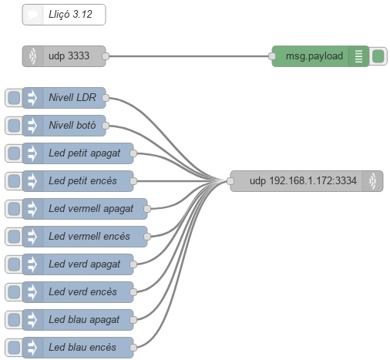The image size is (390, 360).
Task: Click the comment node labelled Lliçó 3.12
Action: point(64,15)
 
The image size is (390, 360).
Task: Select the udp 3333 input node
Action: point(64,56)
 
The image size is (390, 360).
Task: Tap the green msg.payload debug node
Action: point(320,56)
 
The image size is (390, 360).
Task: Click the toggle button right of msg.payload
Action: point(378,56)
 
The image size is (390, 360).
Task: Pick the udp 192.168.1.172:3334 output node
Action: point(307,181)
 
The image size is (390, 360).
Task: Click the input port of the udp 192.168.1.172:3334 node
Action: point(230,181)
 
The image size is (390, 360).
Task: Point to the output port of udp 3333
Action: point(106,56)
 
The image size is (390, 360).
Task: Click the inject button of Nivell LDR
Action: point(14,98)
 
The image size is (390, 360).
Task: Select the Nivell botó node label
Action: point(72,125)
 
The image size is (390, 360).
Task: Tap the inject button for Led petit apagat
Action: point(14,153)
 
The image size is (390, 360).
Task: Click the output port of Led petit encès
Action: point(133,181)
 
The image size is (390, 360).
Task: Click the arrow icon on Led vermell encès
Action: point(32,237)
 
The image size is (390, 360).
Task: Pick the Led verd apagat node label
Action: point(85,264)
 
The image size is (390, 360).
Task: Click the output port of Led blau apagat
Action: point(133,320)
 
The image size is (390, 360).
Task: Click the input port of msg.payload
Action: point(272,56)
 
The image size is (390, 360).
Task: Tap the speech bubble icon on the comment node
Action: point(33,15)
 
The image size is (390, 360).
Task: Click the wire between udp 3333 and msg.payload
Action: point(189,56)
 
